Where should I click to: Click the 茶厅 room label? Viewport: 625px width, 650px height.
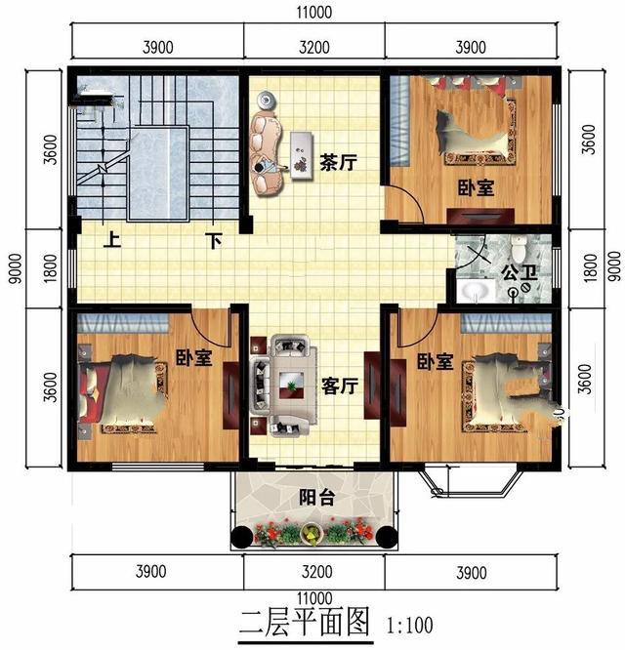tap(338, 162)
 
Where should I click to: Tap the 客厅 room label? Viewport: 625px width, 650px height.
tap(340, 386)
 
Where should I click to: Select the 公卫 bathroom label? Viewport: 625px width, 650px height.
tap(519, 272)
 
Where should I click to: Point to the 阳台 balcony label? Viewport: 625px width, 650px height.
tap(316, 498)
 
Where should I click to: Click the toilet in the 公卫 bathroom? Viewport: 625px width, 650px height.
tap(518, 248)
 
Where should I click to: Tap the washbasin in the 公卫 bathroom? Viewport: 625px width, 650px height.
tap(476, 291)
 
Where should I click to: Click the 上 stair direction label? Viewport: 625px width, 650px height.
tap(112, 240)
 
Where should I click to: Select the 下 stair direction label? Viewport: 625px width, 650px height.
tap(214, 240)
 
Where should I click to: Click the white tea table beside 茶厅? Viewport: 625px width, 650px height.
tap(301, 155)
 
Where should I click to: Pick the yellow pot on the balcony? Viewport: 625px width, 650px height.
tap(311, 533)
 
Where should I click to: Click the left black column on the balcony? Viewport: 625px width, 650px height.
tap(242, 537)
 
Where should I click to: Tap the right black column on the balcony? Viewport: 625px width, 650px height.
tap(386, 537)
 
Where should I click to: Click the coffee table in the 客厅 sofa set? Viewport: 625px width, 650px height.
tap(291, 386)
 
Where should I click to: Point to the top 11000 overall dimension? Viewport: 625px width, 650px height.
tap(313, 13)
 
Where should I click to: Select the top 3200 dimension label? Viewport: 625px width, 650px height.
tap(313, 47)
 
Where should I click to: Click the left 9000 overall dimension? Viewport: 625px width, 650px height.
tap(15, 268)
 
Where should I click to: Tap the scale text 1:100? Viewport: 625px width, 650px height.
tap(410, 626)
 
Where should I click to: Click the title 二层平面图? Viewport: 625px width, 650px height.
tap(304, 624)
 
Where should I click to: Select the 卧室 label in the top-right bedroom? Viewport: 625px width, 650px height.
tap(476, 187)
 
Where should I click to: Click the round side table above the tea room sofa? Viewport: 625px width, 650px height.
tap(266, 101)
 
